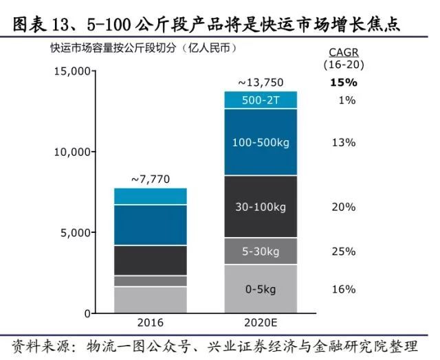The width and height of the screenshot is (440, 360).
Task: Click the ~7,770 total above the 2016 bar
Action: (151, 179)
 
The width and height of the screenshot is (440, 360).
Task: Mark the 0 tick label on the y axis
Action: (87, 313)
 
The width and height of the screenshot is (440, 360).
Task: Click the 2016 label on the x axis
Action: (151, 324)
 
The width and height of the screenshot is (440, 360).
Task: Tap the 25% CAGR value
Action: (342, 251)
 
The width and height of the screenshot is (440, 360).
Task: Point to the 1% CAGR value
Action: (346, 100)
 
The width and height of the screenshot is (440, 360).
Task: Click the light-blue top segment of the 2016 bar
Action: (151, 196)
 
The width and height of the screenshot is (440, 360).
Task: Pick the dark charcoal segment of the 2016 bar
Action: (151, 260)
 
